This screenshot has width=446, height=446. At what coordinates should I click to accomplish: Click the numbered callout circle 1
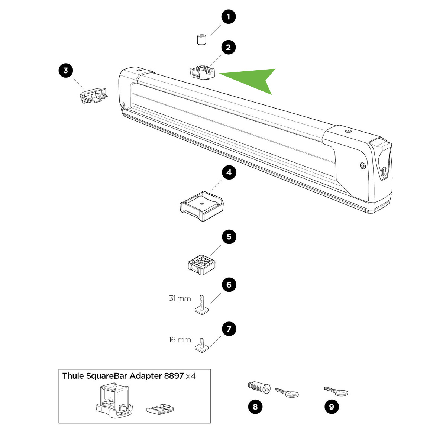coord(229,17)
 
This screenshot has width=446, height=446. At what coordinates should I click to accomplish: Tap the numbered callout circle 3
coord(66,70)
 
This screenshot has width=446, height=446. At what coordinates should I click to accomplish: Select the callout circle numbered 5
coord(229,237)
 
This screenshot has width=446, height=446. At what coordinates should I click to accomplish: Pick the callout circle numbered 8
coord(255,407)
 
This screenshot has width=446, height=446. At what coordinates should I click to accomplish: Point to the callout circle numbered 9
coord(332,407)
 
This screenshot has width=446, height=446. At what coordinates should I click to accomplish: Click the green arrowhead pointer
coord(256,79)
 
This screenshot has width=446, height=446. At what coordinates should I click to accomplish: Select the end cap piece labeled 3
coord(93,95)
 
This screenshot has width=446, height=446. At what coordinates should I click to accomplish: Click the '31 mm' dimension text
coord(180,298)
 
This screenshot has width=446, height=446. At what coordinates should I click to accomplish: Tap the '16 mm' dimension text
coord(180,340)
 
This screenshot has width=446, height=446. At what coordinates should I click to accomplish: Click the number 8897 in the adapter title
coord(174,376)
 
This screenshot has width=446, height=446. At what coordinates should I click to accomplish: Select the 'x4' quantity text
coord(191,376)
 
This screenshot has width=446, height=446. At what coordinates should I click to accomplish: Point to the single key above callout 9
coord(336,391)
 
